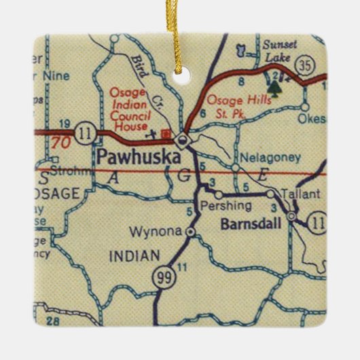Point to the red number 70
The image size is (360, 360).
(60, 143)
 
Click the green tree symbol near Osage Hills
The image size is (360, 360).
(274, 87)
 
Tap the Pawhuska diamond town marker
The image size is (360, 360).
(182, 141)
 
